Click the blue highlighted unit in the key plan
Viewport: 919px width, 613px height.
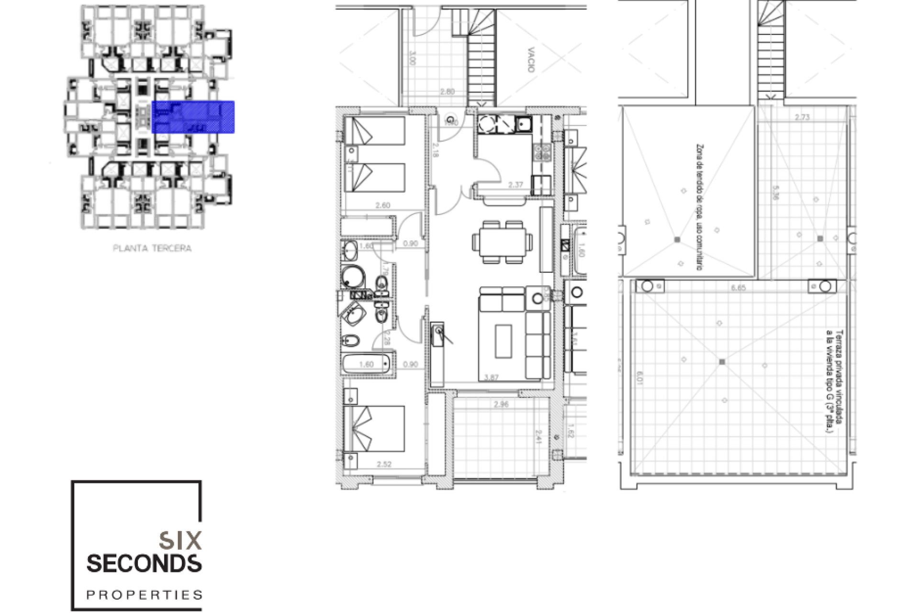(193, 117)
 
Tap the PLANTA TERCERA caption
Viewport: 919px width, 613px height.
(152, 249)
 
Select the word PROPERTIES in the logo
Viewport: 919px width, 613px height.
(144, 595)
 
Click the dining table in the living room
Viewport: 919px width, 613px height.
(502, 241)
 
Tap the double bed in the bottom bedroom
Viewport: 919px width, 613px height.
(374, 429)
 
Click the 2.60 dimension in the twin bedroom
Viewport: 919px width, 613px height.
(382, 205)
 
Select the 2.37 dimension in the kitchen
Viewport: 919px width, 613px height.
(516, 185)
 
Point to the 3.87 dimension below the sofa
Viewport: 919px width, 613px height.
(492, 377)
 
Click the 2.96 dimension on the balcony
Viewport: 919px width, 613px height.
(501, 404)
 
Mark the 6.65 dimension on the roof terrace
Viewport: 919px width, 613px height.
(739, 288)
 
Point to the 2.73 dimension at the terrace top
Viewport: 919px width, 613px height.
(802, 117)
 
